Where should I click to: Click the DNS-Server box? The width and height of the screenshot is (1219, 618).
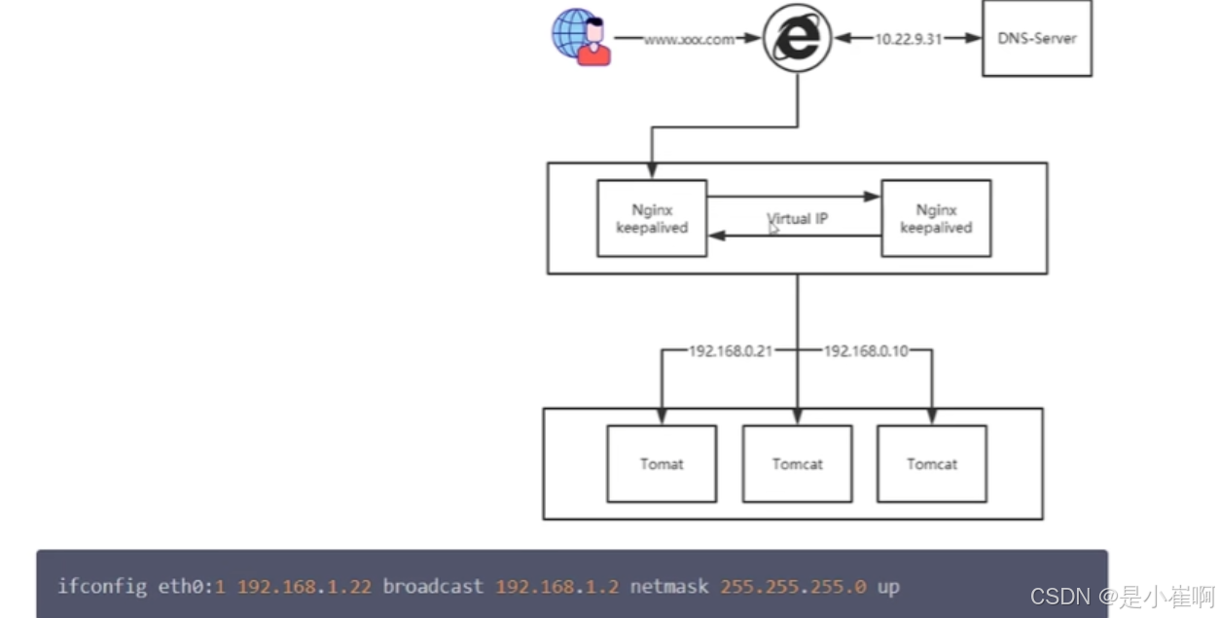pyautogui.click(x=1036, y=39)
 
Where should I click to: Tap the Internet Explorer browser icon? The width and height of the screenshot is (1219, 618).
pyautogui.click(x=797, y=38)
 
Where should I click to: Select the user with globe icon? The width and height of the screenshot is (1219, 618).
pyautogui.click(x=581, y=38)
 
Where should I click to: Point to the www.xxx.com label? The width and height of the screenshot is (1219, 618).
pyautogui.click(x=688, y=39)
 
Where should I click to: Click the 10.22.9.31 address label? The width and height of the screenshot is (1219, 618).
pyautogui.click(x=908, y=39)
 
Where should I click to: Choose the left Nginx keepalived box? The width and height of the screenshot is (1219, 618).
pyautogui.click(x=652, y=219)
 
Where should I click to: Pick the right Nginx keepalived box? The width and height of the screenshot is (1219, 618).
pyautogui.click(x=936, y=219)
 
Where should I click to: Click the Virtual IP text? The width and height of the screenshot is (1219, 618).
pyautogui.click(x=797, y=219)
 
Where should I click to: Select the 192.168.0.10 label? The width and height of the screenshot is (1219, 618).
pyautogui.click(x=865, y=351)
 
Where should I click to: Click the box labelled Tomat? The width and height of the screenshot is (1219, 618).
pyautogui.click(x=662, y=463)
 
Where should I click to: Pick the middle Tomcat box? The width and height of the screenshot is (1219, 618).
pyautogui.click(x=797, y=463)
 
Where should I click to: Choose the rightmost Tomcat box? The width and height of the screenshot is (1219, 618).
pyautogui.click(x=932, y=463)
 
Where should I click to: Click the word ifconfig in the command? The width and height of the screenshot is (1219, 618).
pyautogui.click(x=101, y=587)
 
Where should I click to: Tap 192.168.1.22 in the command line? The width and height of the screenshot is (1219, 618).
pyautogui.click(x=304, y=587)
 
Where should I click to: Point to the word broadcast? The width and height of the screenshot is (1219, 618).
pyautogui.click(x=433, y=587)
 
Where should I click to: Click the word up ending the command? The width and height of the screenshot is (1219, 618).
pyautogui.click(x=887, y=588)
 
